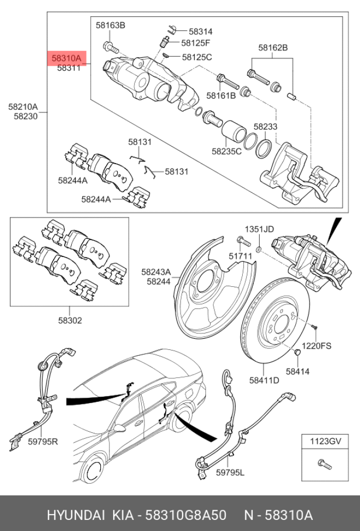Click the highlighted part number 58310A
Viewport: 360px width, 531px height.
tap(67, 58)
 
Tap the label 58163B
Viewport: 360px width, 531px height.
tap(110, 25)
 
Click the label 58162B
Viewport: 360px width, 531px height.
tap(273, 48)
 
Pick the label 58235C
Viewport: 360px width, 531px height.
tap(226, 151)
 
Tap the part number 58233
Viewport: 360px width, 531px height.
tap(265, 127)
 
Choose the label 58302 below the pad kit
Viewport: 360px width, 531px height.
tap(69, 321)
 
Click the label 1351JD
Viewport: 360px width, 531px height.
tap(259, 229)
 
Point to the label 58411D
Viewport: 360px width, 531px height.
tap(264, 380)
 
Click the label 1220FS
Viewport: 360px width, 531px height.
tap(316, 346)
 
